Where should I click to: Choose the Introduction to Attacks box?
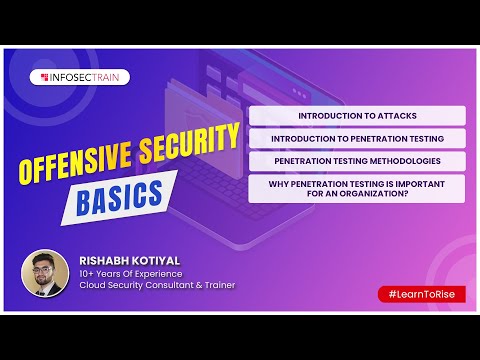(357, 116)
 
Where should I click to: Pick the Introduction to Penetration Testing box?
(357, 138)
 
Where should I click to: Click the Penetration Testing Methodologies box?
(357, 160)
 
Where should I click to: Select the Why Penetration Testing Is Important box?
(357, 188)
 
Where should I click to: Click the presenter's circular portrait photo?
(44, 272)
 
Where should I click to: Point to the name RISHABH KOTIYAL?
(130, 258)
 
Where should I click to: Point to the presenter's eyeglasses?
(44, 266)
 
